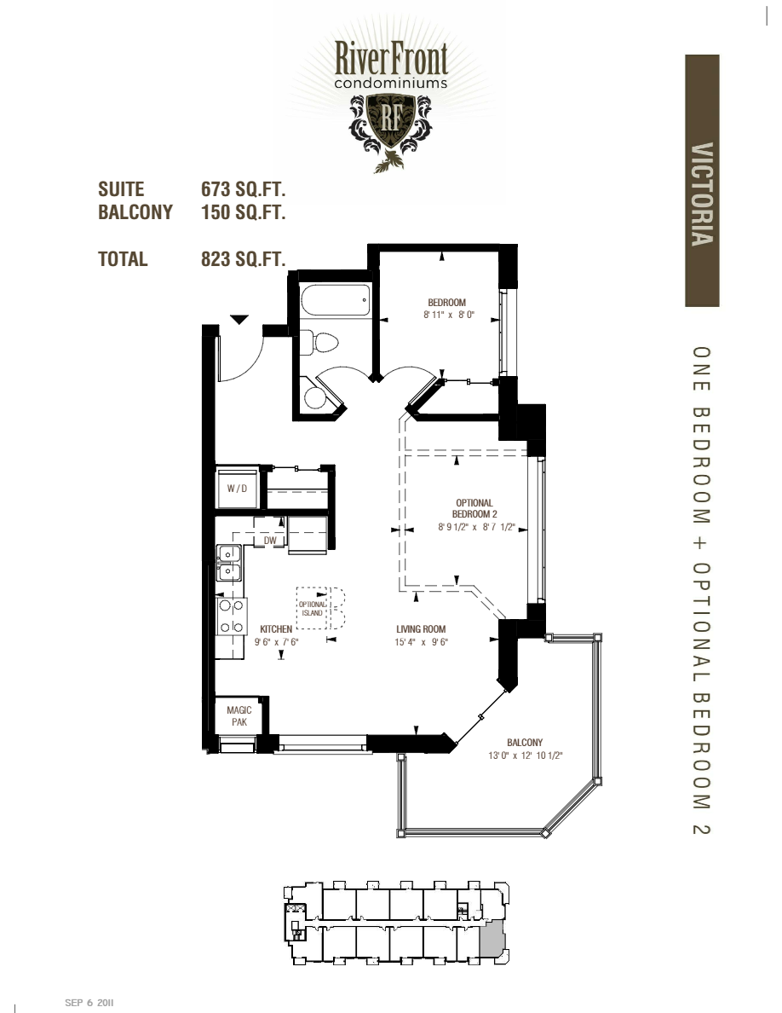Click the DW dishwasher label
270,541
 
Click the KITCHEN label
276,629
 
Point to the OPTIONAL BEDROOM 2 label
474,508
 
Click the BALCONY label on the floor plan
524,742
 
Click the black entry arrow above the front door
239,320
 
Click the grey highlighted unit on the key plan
492,942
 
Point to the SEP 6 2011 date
89,1003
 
